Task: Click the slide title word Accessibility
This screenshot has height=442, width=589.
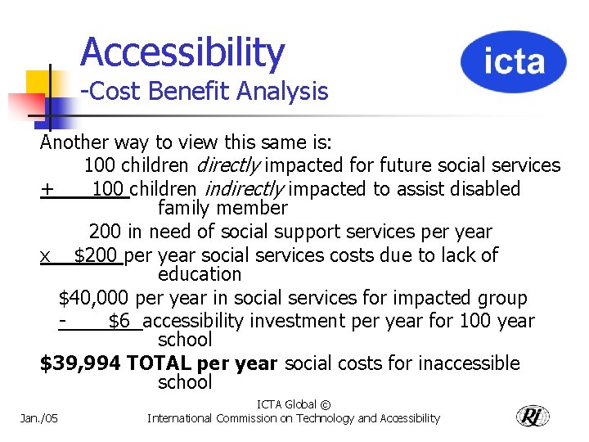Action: pyautogui.click(x=182, y=52)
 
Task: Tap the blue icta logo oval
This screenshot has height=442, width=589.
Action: pyautogui.click(x=513, y=61)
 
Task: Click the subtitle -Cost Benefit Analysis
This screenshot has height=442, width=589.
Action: pyautogui.click(x=204, y=92)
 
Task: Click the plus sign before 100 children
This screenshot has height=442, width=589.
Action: pyautogui.click(x=47, y=190)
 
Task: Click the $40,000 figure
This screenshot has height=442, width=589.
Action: pyautogui.click(x=93, y=298)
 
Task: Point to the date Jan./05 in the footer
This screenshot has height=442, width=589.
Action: pyautogui.click(x=40, y=418)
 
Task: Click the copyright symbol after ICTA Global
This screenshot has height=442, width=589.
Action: pyautogui.click(x=325, y=404)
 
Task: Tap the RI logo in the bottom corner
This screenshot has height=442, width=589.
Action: pyautogui.click(x=533, y=416)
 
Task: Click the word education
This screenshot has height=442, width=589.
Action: pyautogui.click(x=200, y=274)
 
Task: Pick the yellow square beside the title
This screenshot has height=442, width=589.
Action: pyautogui.click(x=38, y=83)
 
